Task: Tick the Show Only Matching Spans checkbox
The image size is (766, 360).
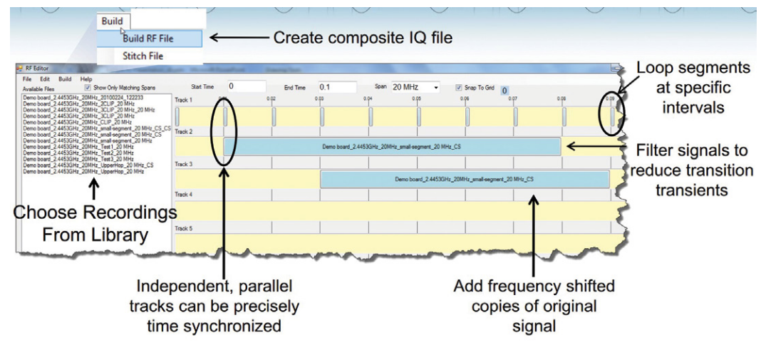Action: coord(88,87)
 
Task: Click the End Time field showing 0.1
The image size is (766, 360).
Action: coord(336,86)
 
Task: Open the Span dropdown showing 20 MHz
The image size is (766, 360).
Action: coord(415,86)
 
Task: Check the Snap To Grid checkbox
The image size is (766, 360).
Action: coord(458,87)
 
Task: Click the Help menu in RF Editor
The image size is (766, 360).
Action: coord(86,78)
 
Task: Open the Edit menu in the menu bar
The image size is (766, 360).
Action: coord(45,78)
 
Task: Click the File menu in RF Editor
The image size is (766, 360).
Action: coord(26,78)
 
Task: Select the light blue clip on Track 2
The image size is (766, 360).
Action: coord(393,146)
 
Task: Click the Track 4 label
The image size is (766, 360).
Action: coord(184,194)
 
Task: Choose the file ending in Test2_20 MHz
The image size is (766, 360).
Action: coord(78,153)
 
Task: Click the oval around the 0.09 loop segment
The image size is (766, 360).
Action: coord(611,115)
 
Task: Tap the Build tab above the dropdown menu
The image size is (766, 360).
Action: coord(112,21)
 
